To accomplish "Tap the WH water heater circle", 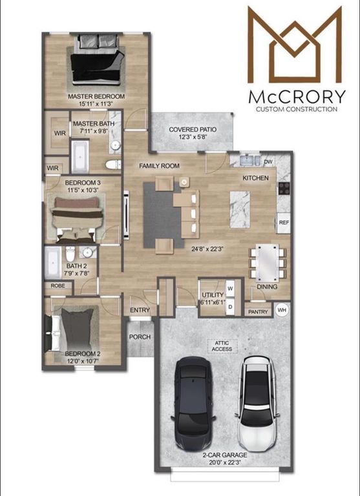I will pyautogui.click(x=281, y=311).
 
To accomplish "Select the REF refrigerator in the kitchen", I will pyautogui.click(x=283, y=222).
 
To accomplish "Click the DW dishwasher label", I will pyautogui.click(x=268, y=162).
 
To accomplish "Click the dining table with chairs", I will pyautogui.click(x=268, y=260).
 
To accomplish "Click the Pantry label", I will pyautogui.click(x=259, y=312).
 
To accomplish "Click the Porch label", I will pyautogui.click(x=140, y=336).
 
